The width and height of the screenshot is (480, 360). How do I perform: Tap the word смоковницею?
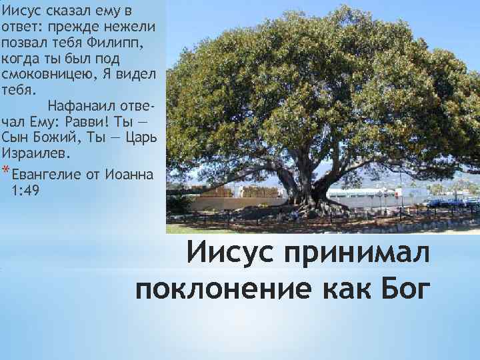click(41, 73)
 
